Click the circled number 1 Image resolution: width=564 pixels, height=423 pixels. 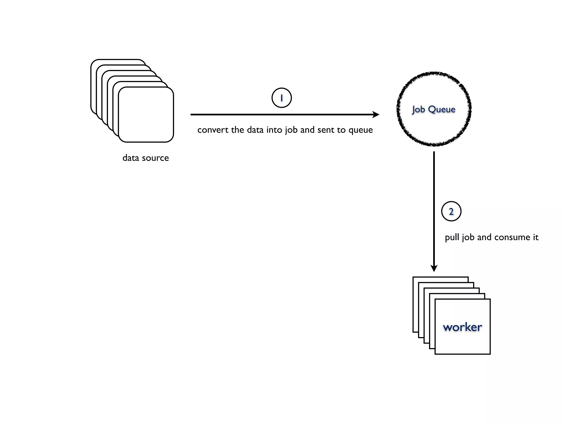[281, 98]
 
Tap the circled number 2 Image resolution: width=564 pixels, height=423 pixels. [451, 211]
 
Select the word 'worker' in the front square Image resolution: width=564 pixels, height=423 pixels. [462, 327]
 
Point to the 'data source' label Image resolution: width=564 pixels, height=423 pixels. [145, 158]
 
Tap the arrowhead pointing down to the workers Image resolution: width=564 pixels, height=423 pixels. [434, 268]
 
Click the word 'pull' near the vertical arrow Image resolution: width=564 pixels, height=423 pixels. [452, 237]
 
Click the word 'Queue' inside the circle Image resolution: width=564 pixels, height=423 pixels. [442, 109]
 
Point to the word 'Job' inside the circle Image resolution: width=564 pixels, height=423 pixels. [419, 109]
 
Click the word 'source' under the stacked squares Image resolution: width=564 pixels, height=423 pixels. [155, 158]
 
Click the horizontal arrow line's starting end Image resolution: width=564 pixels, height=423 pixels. [192, 115]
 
